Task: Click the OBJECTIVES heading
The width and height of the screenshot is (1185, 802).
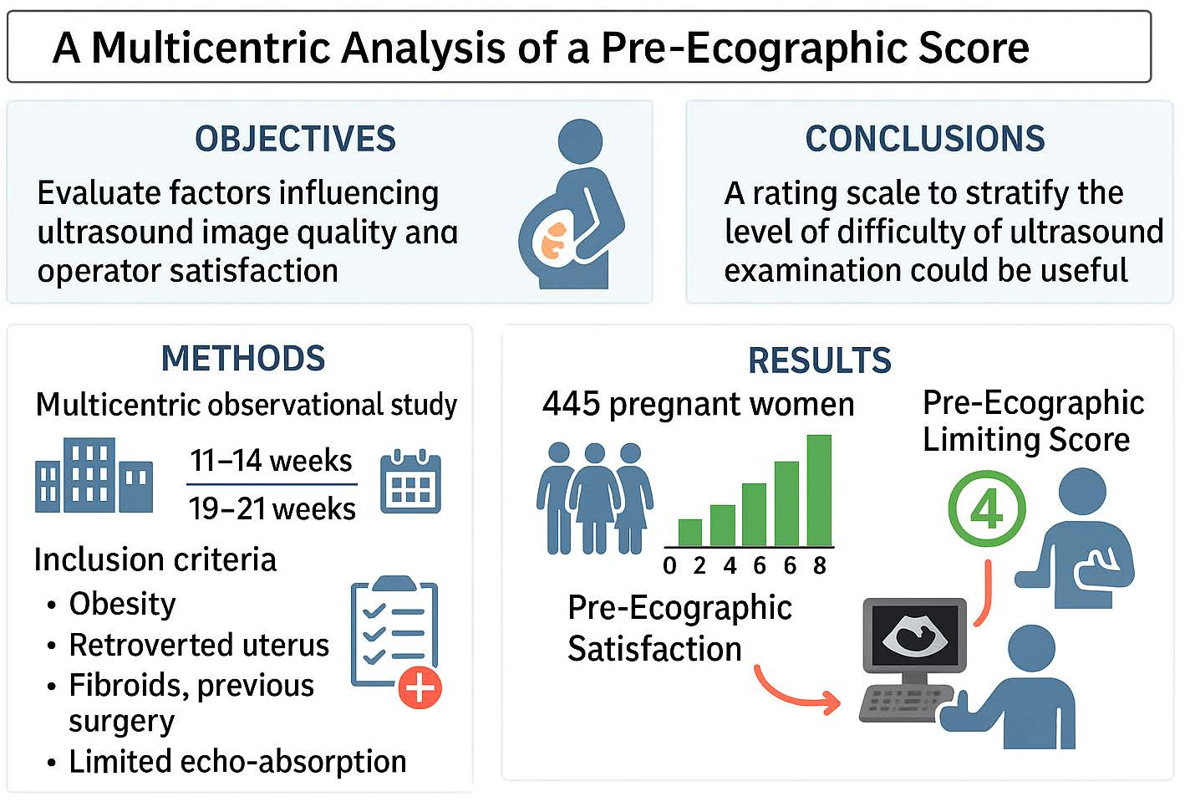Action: pos(295,139)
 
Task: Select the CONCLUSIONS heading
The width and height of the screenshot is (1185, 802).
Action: pos(925,139)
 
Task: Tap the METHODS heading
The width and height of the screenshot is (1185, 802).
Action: pos(243,359)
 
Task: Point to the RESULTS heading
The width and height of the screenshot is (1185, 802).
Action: pos(820,360)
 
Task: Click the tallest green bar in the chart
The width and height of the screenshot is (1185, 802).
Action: pos(819,490)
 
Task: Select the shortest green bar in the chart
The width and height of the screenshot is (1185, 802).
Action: pos(689,533)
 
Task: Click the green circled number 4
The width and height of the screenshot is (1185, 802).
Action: pos(987,508)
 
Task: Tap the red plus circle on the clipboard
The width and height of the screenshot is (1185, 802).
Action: pos(420,687)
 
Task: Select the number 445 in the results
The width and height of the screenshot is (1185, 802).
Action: pos(572,404)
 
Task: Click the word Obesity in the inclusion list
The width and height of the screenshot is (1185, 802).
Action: pos(122,604)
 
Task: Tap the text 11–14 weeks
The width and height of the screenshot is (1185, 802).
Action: pos(271,461)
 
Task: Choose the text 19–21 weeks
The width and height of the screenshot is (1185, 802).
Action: pos(272,508)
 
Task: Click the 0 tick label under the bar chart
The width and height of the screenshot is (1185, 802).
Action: pos(669,566)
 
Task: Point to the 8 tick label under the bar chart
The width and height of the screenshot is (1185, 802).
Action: pos(820,566)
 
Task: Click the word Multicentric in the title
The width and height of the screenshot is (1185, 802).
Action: pos(211,49)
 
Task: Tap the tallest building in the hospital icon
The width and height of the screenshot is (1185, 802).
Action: pos(89,475)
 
